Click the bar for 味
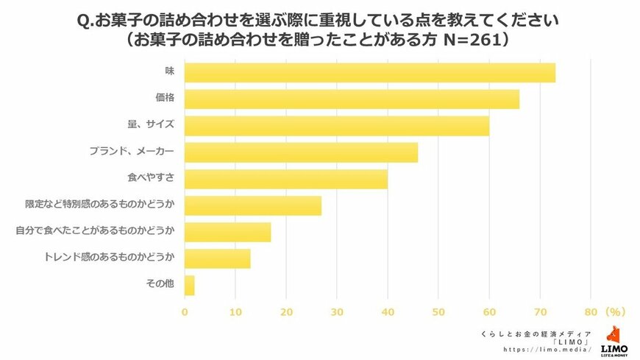pos(369,73)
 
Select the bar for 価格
pos(352,99)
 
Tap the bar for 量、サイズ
pos(336,126)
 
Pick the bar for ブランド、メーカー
pos(301,152)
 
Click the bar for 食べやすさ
pos(285,179)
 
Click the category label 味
pos(169,73)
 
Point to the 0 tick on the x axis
pos(185,312)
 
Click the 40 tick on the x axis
pos(387,312)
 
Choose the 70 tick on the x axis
pos(539,312)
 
